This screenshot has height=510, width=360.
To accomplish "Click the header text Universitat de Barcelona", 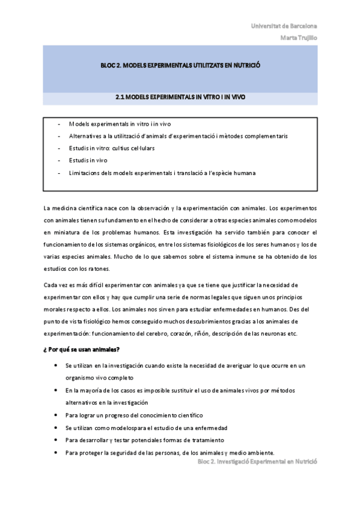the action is click(284, 26).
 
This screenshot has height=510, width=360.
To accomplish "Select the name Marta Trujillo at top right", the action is click(299, 37).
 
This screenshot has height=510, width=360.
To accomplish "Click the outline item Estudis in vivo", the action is click(88, 161).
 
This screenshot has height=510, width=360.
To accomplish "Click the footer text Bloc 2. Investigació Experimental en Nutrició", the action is click(257, 461).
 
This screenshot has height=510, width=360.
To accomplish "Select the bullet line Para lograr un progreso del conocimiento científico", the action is click(134, 415).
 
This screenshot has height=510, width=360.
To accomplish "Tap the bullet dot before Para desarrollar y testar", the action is click(56, 440).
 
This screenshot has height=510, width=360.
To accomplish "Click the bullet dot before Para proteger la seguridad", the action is click(56, 452).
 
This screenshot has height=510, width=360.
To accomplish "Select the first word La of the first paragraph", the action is click(47, 207).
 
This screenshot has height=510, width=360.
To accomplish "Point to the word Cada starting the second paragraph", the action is click(52, 284).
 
